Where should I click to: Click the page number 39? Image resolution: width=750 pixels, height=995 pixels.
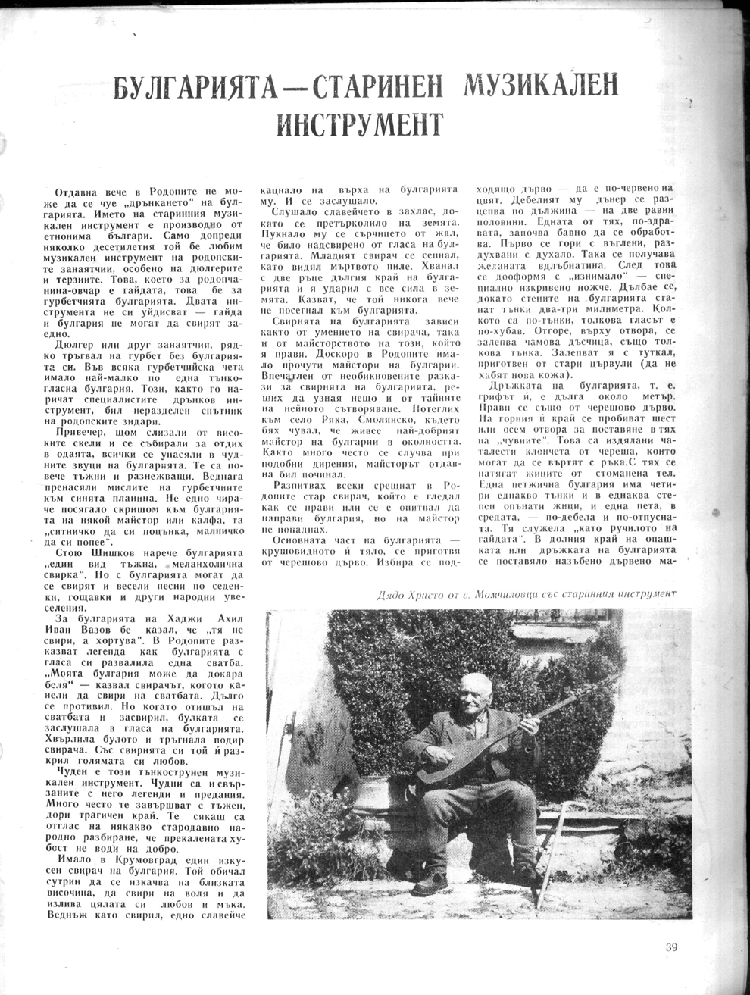[672, 946]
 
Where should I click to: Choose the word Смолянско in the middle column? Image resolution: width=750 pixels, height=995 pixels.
[355, 427]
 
